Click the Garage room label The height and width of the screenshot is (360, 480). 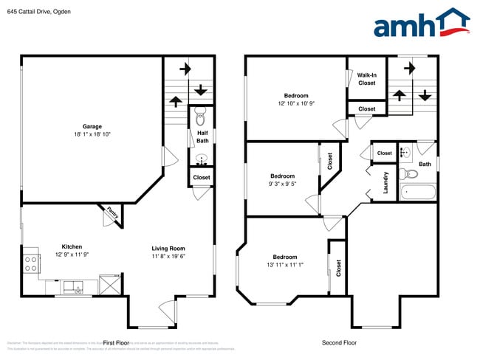click(92, 125)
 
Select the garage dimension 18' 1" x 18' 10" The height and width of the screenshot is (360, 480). click(92, 134)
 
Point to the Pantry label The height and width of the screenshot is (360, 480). click(112, 212)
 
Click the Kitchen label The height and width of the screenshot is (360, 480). click(72, 246)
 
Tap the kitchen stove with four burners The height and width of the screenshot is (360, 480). click(31, 263)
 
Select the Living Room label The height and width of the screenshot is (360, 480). click(168, 249)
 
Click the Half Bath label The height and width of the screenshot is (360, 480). click(202, 136)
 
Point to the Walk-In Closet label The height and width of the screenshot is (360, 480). click(366, 79)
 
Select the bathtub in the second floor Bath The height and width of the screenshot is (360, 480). click(417, 193)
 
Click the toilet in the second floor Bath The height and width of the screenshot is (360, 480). click(410, 175)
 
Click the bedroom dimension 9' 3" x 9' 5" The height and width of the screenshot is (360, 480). click(282, 185)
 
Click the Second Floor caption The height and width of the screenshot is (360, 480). click(339, 342)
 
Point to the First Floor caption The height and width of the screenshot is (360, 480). click(116, 343)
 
